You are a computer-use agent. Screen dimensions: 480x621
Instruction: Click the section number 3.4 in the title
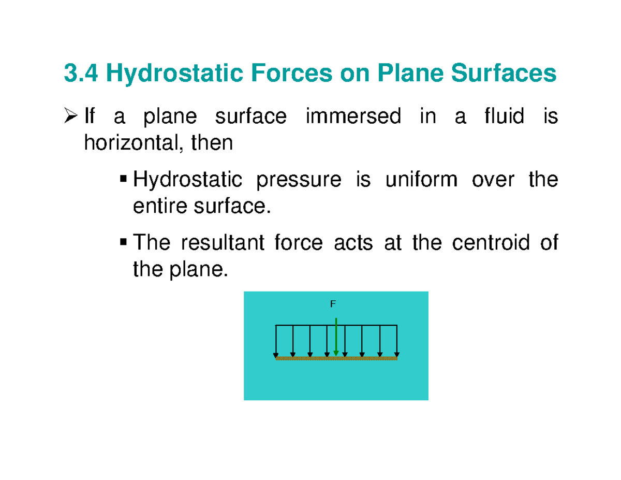pyautogui.click(x=82, y=74)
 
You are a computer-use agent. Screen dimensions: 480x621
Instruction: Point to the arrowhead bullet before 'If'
pyautogui.click(x=72, y=118)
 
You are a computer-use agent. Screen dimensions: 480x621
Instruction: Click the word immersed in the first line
pyautogui.click(x=353, y=118)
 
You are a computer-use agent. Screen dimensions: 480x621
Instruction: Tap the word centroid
pyautogui.click(x=491, y=242)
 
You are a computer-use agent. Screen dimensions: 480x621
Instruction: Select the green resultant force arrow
pyautogui.click(x=336, y=337)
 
